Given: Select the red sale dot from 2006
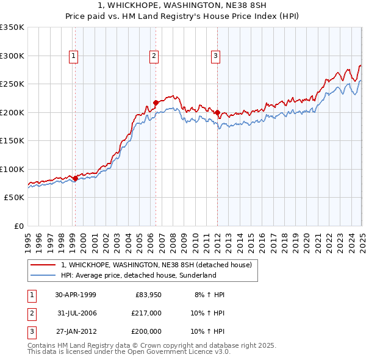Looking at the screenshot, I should tap(156, 103).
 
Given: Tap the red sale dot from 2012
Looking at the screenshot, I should tap(217, 112).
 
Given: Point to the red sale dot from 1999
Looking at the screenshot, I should tap(75, 178).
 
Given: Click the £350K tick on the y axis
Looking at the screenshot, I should tap(12, 27).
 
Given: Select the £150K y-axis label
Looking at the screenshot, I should tap(12, 140).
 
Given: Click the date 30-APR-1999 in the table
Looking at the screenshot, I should tap(76, 295).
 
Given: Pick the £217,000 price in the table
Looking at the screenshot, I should tap(146, 313).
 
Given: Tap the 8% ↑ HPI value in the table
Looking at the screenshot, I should tap(209, 295).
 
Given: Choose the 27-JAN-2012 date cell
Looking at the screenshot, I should tap(76, 331).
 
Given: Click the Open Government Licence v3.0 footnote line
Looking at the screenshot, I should tap(129, 351).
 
